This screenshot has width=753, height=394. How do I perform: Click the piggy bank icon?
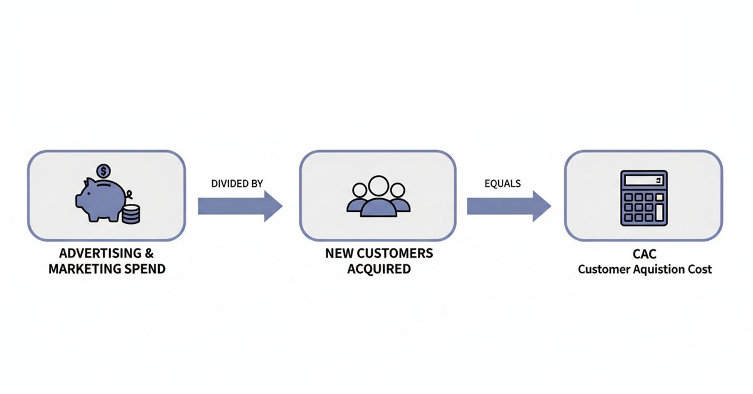click(x=100, y=200)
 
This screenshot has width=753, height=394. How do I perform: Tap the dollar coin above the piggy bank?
click(x=104, y=171)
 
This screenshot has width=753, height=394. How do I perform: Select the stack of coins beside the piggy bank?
click(x=131, y=214)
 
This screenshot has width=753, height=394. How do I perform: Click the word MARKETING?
click(x=83, y=269)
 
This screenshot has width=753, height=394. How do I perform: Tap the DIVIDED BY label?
click(x=237, y=183)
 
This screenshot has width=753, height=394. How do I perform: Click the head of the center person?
click(x=378, y=186)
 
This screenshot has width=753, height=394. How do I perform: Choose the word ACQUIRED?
click(x=378, y=269)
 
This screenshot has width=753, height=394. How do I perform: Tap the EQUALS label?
click(x=503, y=183)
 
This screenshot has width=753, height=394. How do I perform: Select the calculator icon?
click(x=643, y=197)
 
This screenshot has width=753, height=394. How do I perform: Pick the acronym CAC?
click(x=644, y=255)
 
